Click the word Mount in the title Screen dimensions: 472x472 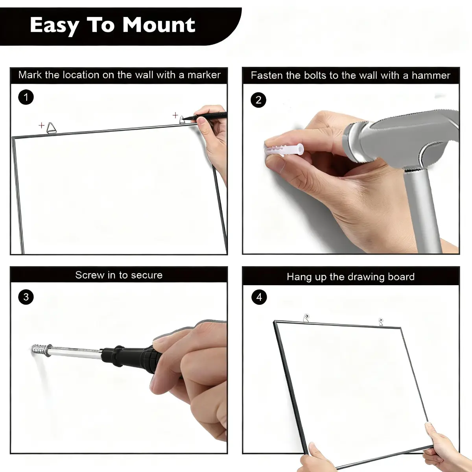pyautogui.click(x=159, y=25)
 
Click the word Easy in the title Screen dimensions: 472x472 pyautogui.click(x=54, y=26)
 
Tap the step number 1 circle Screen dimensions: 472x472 pyautogui.click(x=26, y=97)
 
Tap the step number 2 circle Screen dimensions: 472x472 pyautogui.click(x=258, y=100)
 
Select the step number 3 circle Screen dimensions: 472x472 pyautogui.click(x=26, y=297)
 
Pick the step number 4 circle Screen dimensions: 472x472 pyautogui.click(x=259, y=297)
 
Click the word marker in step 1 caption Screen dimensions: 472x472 pyautogui.click(x=204, y=75)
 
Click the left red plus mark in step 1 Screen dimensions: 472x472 pyautogui.click(x=41, y=125)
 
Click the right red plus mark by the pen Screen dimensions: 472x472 pyautogui.click(x=175, y=115)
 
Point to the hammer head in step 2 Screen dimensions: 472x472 pyautogui.click(x=402, y=138)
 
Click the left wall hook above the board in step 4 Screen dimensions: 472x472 pyautogui.click(x=306, y=318)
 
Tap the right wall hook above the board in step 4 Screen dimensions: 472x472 pyautogui.click(x=381, y=322)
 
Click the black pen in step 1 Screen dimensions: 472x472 pyautogui.click(x=204, y=116)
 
